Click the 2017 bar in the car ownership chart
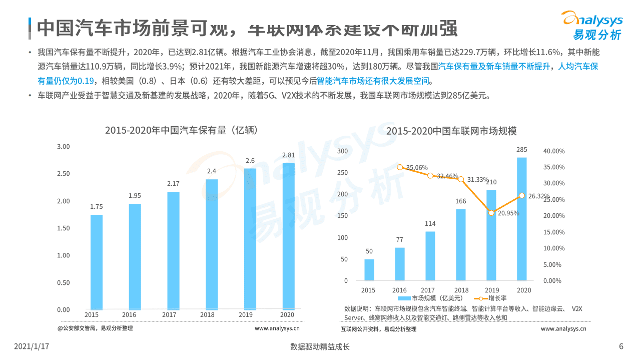point(173,250)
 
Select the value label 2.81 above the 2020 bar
point(288,155)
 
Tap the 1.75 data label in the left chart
point(97,206)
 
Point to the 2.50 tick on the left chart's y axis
point(64,174)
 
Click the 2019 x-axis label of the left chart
point(245,315)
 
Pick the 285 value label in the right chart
point(521,150)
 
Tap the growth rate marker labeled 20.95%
point(491,213)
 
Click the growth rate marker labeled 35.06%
point(400,167)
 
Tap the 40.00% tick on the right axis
point(553,151)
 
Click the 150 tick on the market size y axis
point(342,216)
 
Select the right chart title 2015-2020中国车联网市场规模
point(451,131)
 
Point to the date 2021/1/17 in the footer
point(32,346)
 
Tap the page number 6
point(621,346)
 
